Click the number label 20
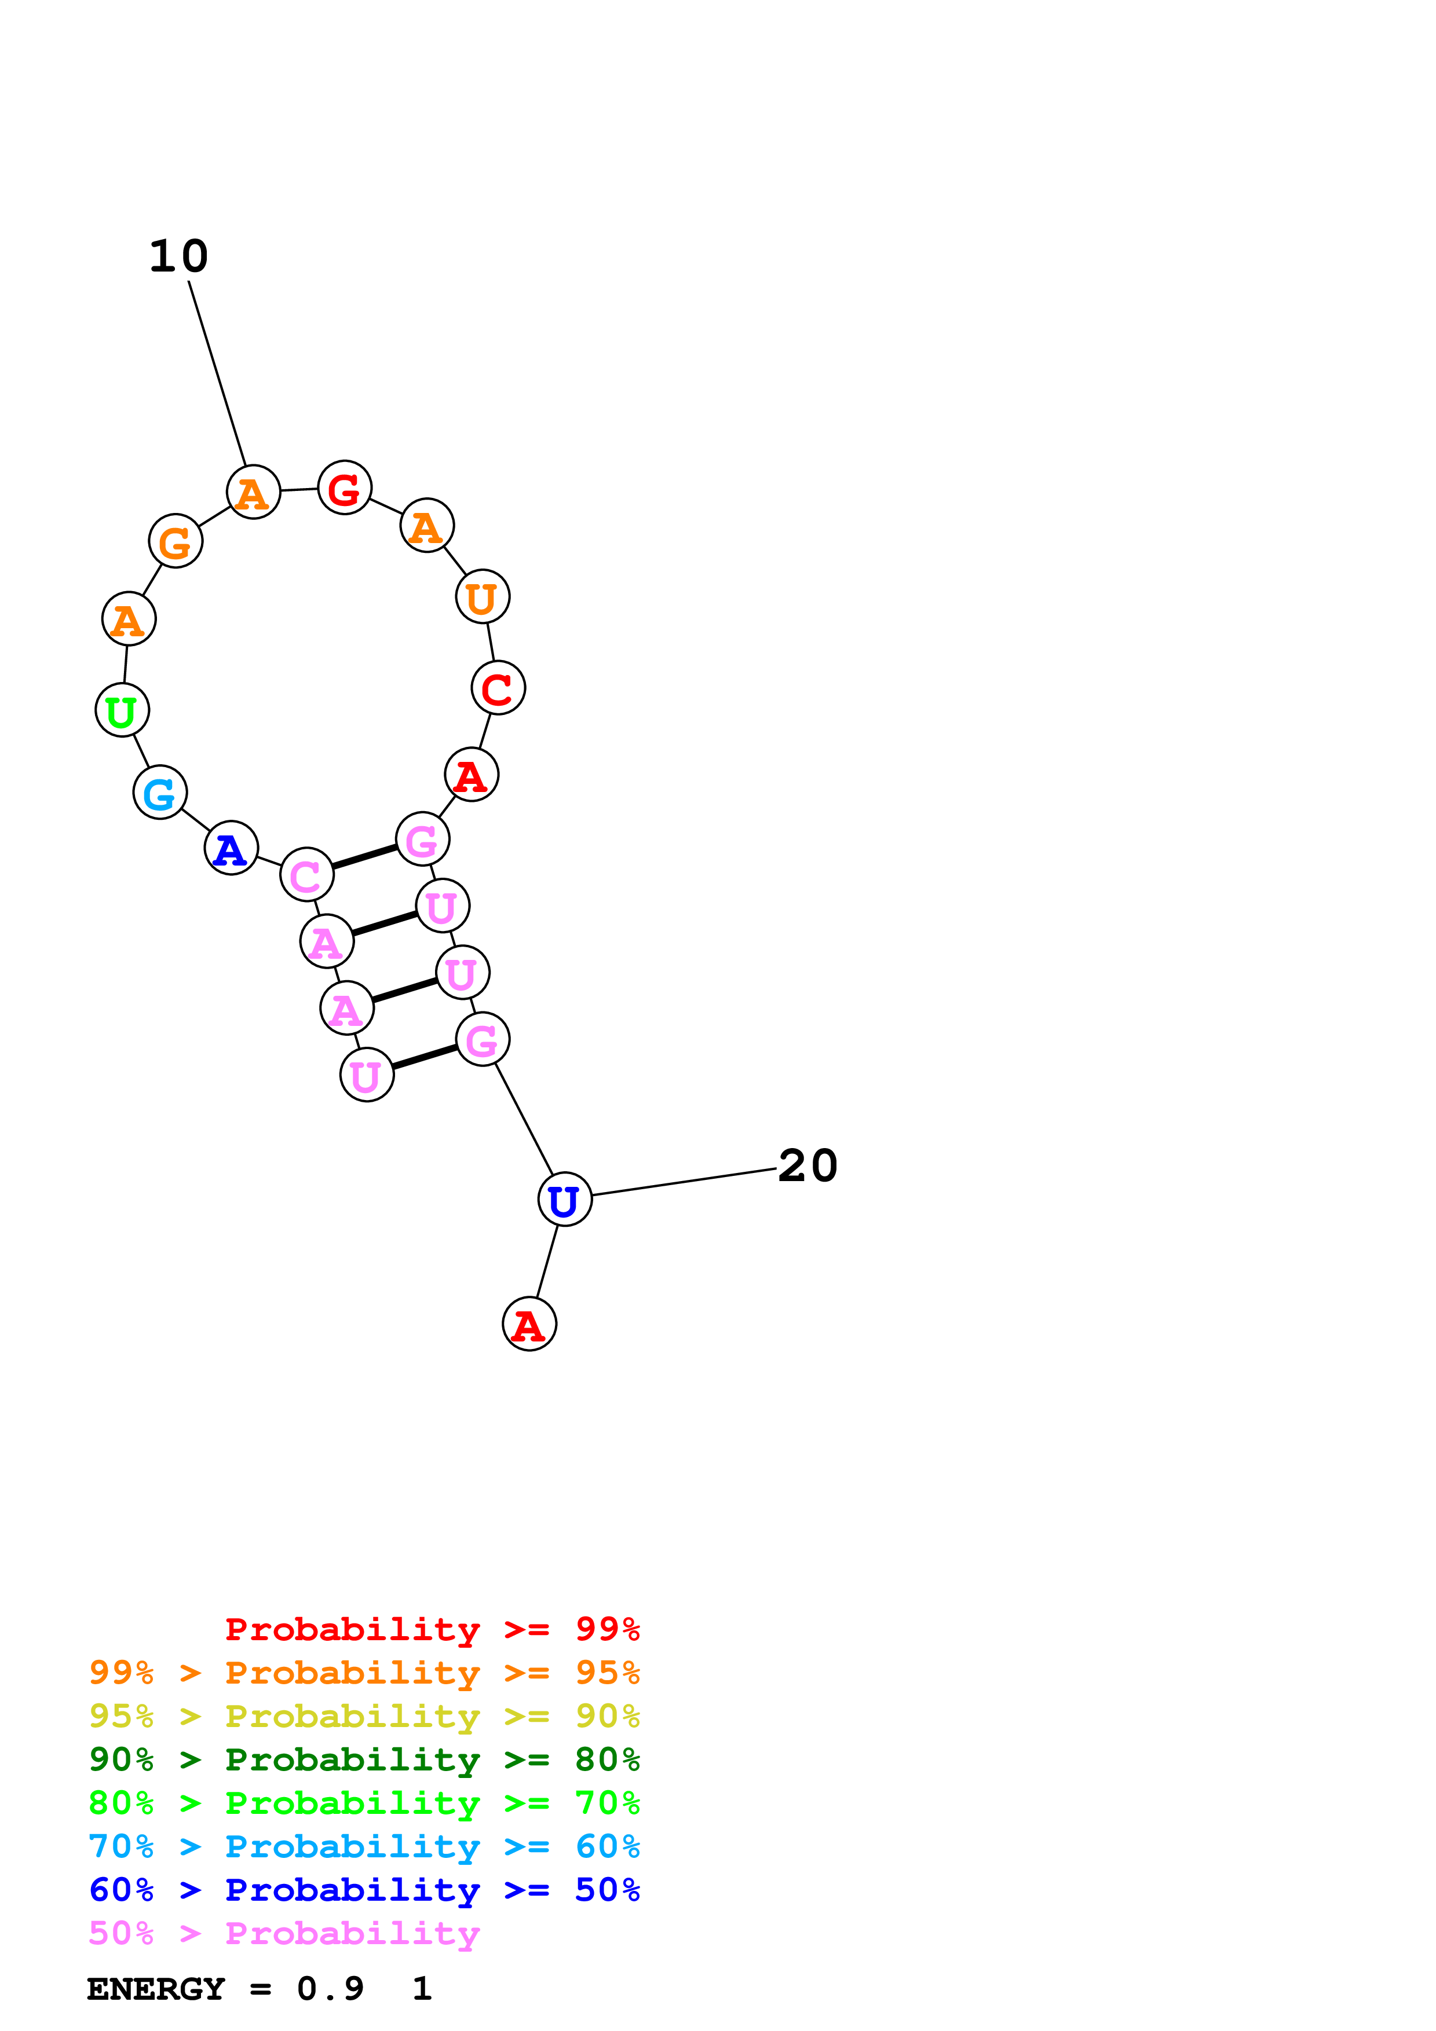tap(807, 1166)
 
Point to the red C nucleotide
tap(498, 688)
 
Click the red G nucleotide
tap(344, 487)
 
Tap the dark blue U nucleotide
tap(564, 1200)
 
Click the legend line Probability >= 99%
tap(432, 1629)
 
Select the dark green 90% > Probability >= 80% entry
tap(364, 1759)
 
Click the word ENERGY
tap(156, 1989)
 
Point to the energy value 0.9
tap(330, 1989)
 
